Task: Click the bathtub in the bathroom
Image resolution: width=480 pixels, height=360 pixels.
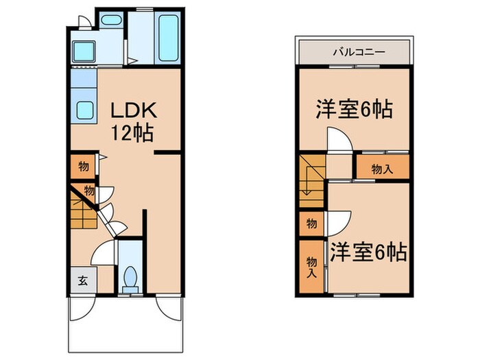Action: [168, 40]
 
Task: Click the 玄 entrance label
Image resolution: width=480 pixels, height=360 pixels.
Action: [82, 280]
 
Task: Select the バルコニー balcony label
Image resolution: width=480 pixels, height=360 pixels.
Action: [353, 51]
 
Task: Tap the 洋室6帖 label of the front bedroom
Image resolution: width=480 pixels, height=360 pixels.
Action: [368, 252]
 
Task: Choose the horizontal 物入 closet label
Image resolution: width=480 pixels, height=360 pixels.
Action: [382, 169]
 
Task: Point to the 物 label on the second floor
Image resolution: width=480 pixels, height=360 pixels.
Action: [311, 223]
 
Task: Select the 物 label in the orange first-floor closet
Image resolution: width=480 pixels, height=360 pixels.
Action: [82, 166]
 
